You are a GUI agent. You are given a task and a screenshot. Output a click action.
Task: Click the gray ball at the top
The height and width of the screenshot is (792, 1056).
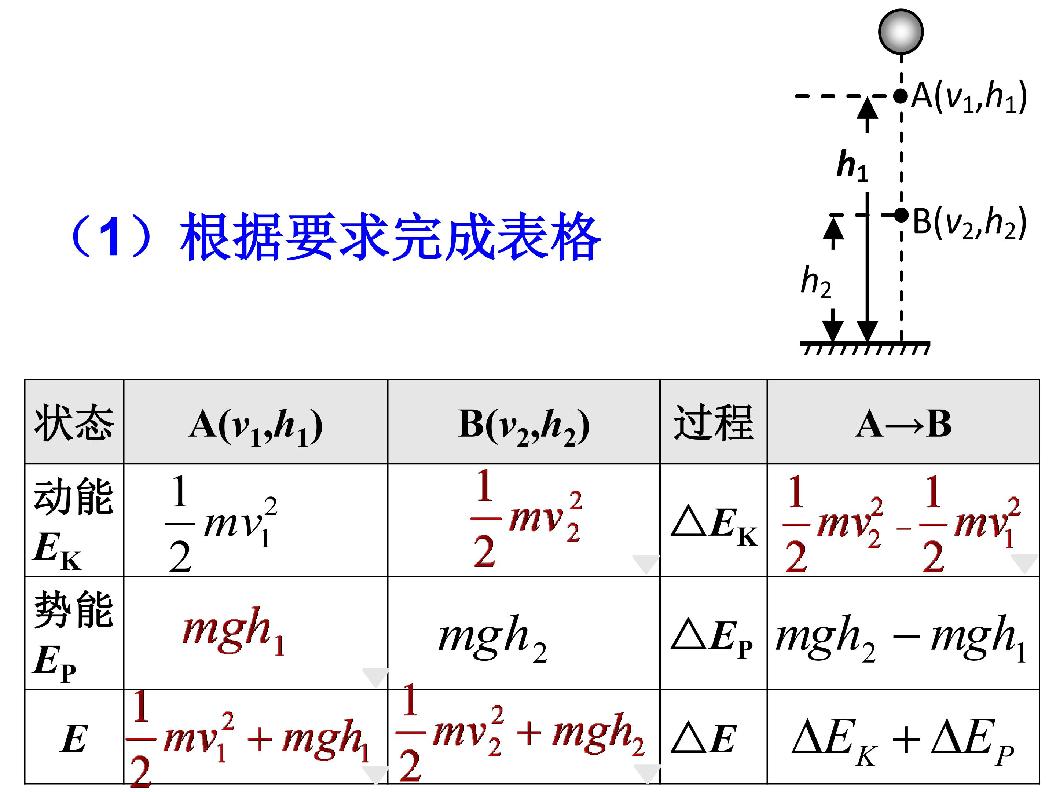tap(901, 32)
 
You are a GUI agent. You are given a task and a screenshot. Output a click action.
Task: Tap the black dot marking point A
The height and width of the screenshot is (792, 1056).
tap(901, 96)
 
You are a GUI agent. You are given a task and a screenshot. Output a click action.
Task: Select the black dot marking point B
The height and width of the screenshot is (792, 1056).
tap(901, 215)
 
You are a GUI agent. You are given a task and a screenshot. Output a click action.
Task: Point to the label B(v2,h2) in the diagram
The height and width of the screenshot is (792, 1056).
tap(969, 223)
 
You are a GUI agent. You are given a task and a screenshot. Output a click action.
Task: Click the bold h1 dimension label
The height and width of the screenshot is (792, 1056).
tap(852, 166)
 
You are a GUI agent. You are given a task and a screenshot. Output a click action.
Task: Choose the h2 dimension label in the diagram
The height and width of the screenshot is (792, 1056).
tap(816, 282)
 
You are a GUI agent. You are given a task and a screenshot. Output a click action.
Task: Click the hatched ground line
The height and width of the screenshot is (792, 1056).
tap(865, 348)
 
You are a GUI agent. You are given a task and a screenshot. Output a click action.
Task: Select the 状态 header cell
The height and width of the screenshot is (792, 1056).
tap(74, 422)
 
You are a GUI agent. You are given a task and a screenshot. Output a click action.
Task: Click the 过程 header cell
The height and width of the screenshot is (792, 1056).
tap(713, 422)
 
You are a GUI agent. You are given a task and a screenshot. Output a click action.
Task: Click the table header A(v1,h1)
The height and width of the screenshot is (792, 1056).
tap(256, 427)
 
